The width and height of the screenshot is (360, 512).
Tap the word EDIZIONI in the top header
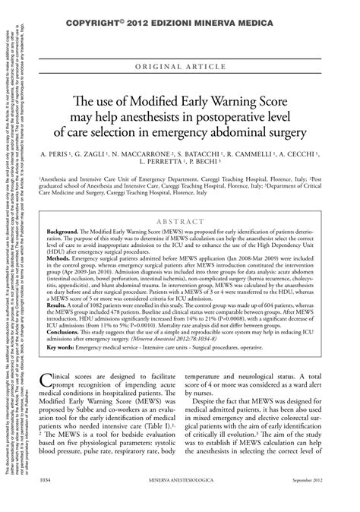click(x=190, y=12)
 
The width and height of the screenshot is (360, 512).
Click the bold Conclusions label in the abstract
click(x=66, y=333)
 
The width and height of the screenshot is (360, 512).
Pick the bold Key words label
click(x=64, y=348)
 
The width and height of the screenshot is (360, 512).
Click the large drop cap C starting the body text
click(x=54, y=379)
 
